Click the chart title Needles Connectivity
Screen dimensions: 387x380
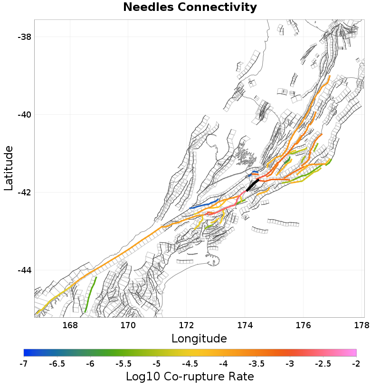coord(190,8)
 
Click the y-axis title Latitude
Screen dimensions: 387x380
coord(9,168)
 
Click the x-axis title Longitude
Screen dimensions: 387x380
coord(199,339)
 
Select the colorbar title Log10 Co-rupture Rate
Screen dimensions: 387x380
coord(190,377)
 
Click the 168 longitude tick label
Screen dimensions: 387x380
coord(70,325)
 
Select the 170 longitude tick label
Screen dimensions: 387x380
coord(128,325)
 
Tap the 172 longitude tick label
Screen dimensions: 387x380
coord(187,325)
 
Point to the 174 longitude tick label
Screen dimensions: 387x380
coord(245,325)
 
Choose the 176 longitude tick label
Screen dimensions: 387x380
coord(304,325)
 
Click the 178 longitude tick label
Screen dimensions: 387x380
coord(362,325)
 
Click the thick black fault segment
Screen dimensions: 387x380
coord(252,185)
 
